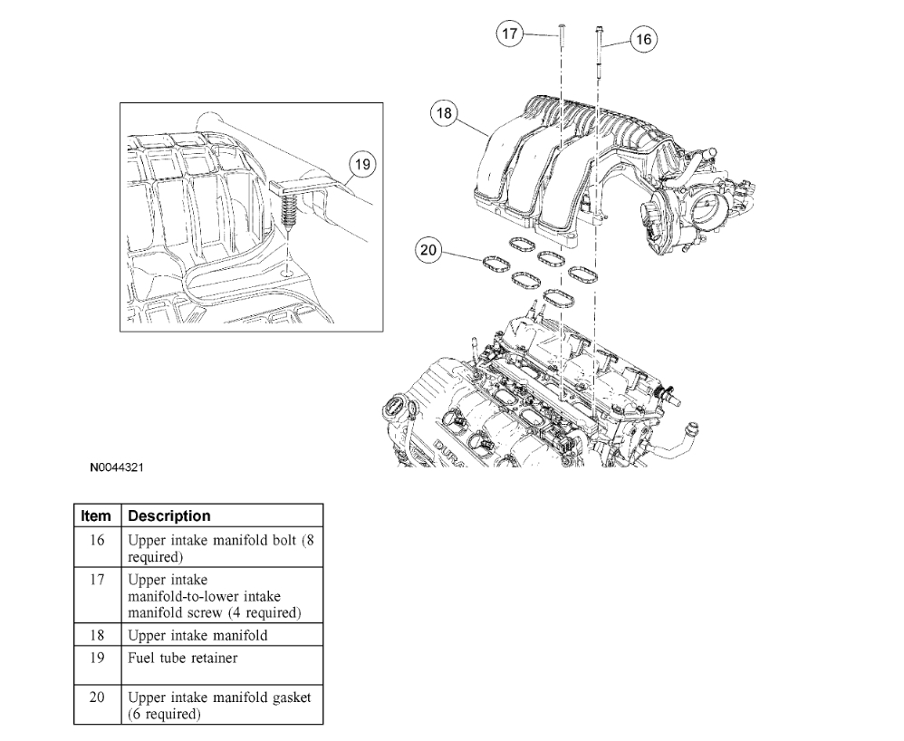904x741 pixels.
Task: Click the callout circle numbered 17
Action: pyautogui.click(x=511, y=34)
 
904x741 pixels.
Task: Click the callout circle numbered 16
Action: pyautogui.click(x=643, y=39)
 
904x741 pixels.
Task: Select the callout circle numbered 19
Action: pyautogui.click(x=362, y=164)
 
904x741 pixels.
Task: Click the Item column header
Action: pyautogui.click(x=96, y=515)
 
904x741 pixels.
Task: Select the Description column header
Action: pyautogui.click(x=169, y=515)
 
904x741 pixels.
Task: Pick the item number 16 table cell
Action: pyautogui.click(x=96, y=540)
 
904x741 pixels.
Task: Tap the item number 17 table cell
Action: pyautogui.click(x=96, y=578)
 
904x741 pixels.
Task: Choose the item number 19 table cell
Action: pyautogui.click(x=96, y=659)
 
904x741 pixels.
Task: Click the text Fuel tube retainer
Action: pyautogui.click(x=183, y=659)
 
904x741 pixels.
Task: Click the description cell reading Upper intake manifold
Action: pyautogui.click(x=197, y=635)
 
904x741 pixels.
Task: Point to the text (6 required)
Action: pyautogui.click(x=165, y=714)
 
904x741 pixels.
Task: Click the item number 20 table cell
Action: pyautogui.click(x=96, y=698)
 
